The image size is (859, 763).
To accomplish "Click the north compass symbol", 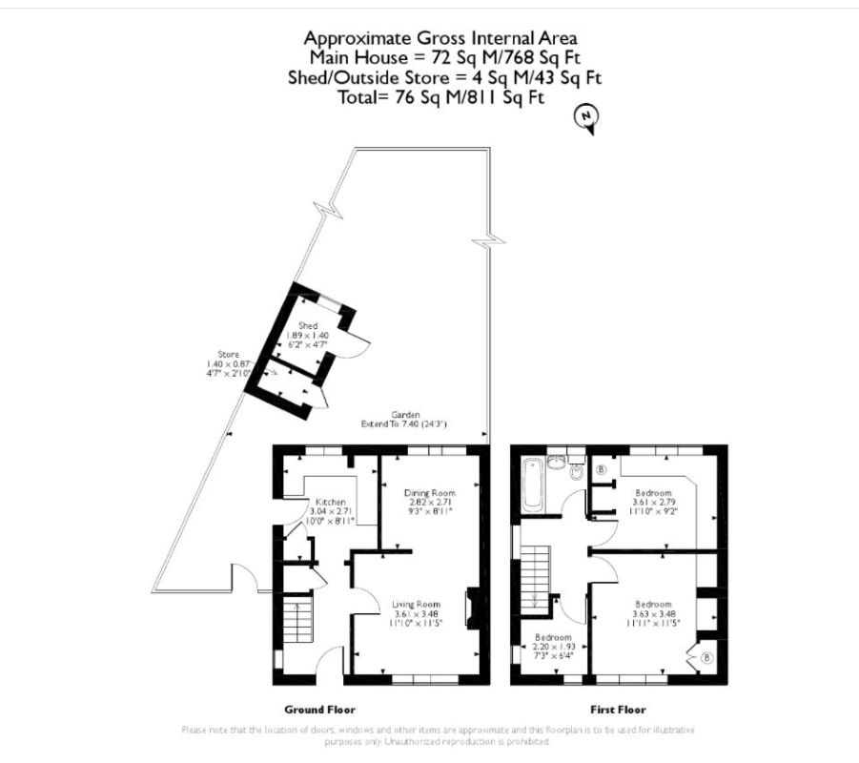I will pyautogui.click(x=588, y=118).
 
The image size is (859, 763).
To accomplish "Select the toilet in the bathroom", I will pyautogui.click(x=576, y=472).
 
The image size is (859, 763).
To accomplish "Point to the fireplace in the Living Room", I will pyautogui.click(x=470, y=610).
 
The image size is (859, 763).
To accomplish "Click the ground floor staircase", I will pyautogui.click(x=298, y=619).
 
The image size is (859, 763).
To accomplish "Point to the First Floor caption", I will pyautogui.click(x=618, y=710).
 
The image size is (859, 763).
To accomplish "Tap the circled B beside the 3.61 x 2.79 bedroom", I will pyautogui.click(x=602, y=470).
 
